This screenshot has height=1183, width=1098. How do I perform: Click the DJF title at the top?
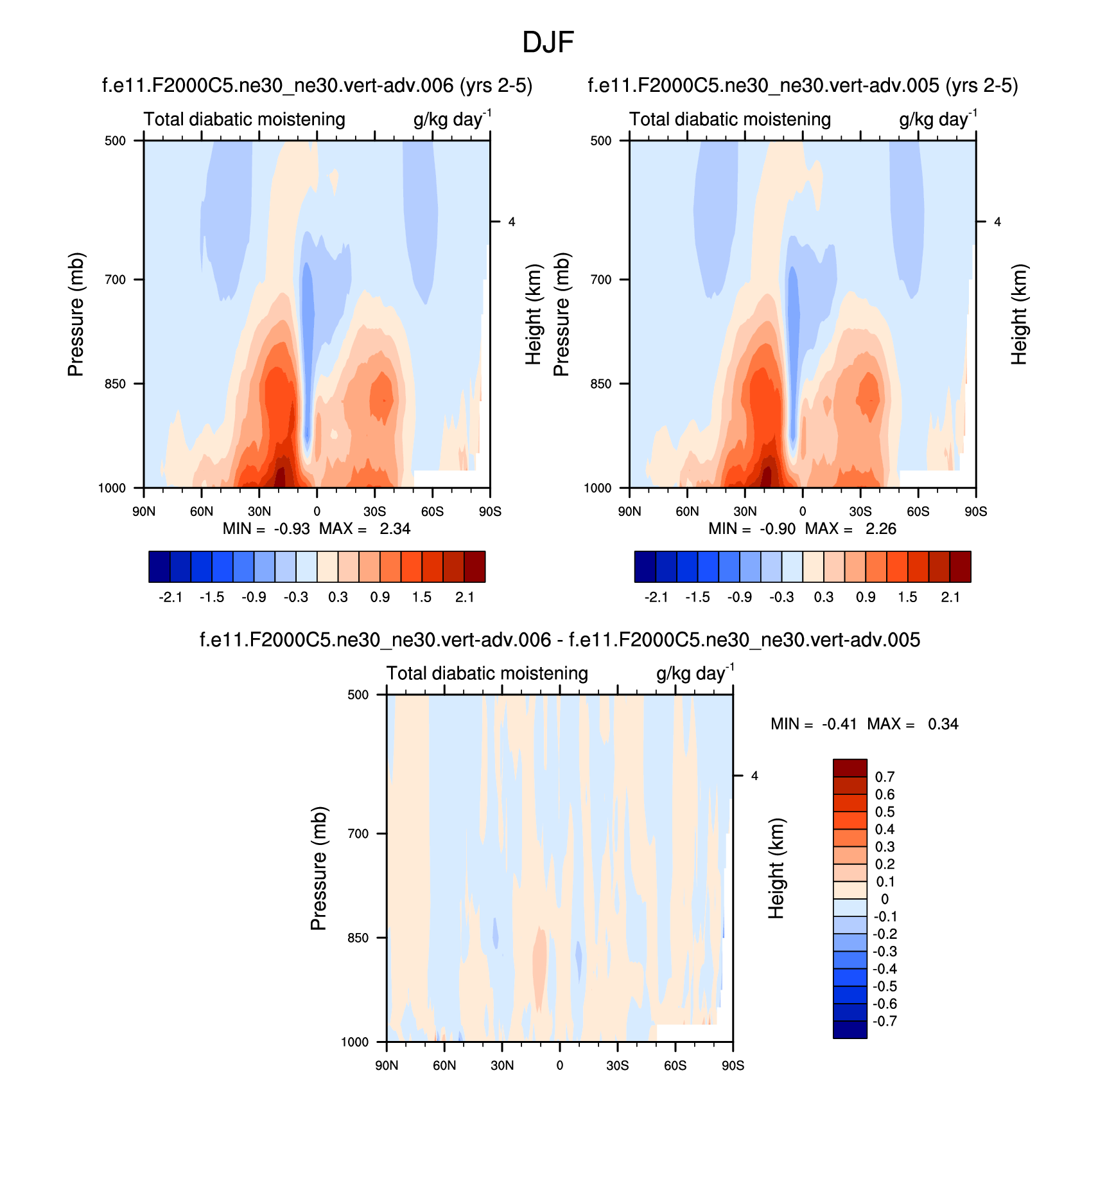[x=548, y=43]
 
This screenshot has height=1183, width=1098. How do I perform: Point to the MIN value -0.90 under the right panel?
[x=778, y=529]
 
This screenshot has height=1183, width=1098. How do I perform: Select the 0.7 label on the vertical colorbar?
[x=885, y=777]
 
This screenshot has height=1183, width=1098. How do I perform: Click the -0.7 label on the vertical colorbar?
[x=885, y=1022]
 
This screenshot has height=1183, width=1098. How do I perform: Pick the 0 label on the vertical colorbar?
[x=885, y=899]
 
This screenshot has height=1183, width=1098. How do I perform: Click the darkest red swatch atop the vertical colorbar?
[x=850, y=768]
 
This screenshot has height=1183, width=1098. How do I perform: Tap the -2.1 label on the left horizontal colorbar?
[x=170, y=598]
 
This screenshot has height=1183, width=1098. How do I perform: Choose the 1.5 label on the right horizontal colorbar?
[x=907, y=598]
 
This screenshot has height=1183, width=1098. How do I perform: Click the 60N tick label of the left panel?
[x=201, y=511]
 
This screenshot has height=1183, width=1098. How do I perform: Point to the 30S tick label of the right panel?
[x=860, y=511]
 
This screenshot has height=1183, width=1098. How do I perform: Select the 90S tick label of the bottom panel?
[x=733, y=1065]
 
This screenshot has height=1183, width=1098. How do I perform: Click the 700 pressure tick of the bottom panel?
[x=358, y=833]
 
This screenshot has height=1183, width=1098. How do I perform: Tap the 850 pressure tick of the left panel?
[x=115, y=384]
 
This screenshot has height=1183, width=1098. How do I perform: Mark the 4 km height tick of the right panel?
[x=997, y=222]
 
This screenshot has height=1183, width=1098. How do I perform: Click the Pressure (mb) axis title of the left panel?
[x=76, y=314]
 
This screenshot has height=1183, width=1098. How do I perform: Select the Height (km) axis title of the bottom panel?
[x=776, y=868]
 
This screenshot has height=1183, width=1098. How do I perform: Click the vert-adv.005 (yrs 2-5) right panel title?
[x=803, y=85]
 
